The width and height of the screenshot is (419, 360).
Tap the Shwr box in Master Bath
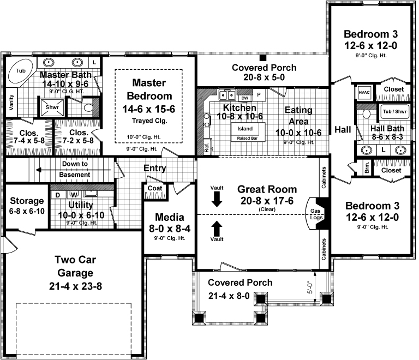point(52,107)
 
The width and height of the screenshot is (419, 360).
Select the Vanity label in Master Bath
point(11,102)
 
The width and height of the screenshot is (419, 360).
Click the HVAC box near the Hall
point(364,92)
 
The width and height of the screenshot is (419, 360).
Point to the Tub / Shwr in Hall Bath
point(392,112)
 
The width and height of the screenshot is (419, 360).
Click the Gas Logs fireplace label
point(315,213)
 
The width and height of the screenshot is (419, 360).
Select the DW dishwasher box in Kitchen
point(246,98)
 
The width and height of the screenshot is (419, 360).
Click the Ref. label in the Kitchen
point(207,147)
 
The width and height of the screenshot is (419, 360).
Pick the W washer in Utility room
point(74,194)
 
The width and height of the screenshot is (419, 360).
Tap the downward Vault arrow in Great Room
point(217,199)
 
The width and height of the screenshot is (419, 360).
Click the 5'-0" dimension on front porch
point(309,287)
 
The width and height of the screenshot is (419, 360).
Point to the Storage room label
point(26,200)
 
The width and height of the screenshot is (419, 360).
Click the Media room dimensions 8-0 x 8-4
point(169,228)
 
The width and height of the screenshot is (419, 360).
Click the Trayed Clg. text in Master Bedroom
point(148,121)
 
